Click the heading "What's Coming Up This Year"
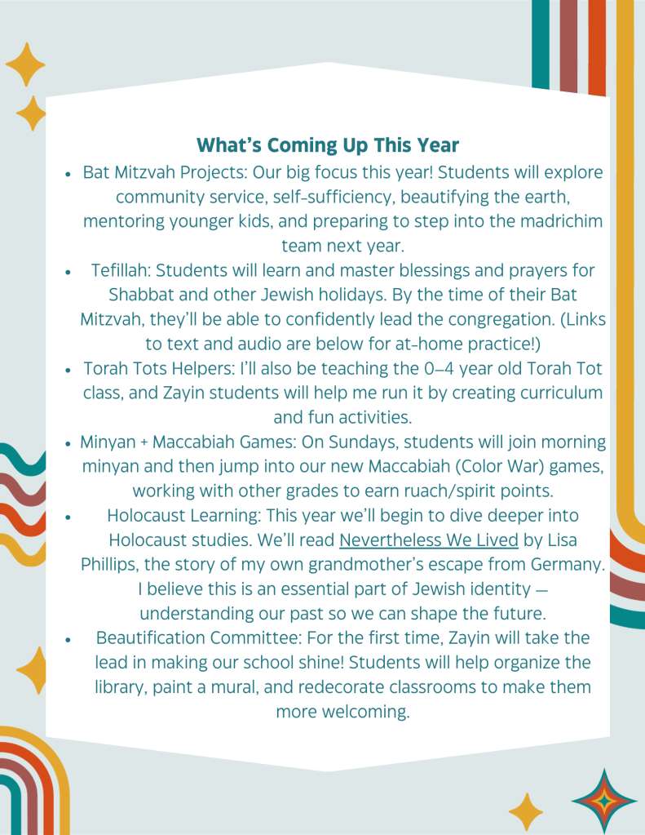(328, 145)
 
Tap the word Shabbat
(140, 295)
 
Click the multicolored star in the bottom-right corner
(604, 801)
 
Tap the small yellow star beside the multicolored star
(526, 812)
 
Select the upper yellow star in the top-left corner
(25, 64)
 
